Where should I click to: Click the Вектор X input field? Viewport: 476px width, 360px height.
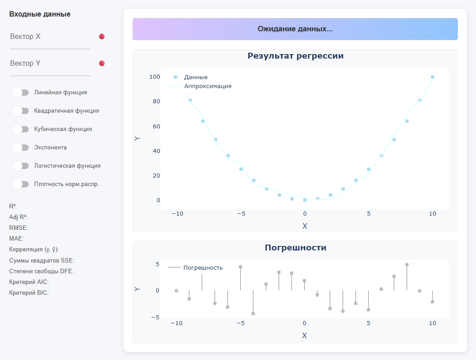pyautogui.click(x=50, y=37)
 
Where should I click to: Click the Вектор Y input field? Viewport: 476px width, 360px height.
pyautogui.click(x=50, y=64)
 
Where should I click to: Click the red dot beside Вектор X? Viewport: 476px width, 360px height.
pyautogui.click(x=102, y=37)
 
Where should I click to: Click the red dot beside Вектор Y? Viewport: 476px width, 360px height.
pyautogui.click(x=102, y=64)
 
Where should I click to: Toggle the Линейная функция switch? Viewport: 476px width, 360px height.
pyautogui.click(x=21, y=93)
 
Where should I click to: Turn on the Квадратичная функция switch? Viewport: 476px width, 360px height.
pyautogui.click(x=21, y=111)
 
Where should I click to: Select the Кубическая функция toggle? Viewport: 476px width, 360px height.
pyautogui.click(x=21, y=129)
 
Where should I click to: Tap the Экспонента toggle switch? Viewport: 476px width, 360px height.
pyautogui.click(x=21, y=148)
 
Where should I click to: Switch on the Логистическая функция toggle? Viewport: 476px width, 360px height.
pyautogui.click(x=21, y=166)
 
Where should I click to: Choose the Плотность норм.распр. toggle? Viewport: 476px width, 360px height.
pyautogui.click(x=21, y=184)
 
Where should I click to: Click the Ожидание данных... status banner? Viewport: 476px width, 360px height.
pyautogui.click(x=295, y=29)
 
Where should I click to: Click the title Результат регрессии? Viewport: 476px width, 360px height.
pyautogui.click(x=295, y=56)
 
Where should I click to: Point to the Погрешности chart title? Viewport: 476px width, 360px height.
pyautogui.click(x=295, y=247)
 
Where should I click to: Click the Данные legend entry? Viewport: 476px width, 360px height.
pyautogui.click(x=195, y=77)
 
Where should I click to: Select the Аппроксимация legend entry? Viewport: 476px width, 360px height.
pyautogui.click(x=208, y=86)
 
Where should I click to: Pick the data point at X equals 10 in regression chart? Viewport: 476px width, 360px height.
pyautogui.click(x=432, y=77)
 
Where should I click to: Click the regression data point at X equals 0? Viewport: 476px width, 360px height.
pyautogui.click(x=305, y=200)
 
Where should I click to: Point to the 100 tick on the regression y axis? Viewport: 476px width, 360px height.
pyautogui.click(x=155, y=77)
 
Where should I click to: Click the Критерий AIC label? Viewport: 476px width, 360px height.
pyautogui.click(x=29, y=282)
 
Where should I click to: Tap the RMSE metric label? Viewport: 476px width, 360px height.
pyautogui.click(x=18, y=228)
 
